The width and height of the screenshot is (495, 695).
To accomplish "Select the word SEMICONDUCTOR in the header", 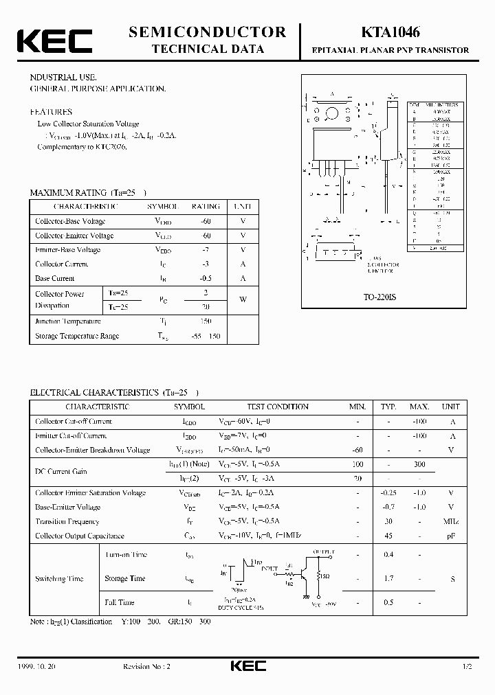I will [208, 32].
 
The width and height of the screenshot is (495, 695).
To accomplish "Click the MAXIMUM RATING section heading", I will [68, 193].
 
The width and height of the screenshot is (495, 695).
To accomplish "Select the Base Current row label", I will [55, 279].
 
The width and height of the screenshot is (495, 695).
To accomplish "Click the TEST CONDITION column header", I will [278, 407].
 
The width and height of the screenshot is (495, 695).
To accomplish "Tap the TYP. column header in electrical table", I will [389, 407].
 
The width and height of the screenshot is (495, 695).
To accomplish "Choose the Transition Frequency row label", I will [67, 521].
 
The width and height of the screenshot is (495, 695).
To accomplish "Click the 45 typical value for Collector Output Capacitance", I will [389, 536].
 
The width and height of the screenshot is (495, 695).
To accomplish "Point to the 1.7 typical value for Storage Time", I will [389, 578].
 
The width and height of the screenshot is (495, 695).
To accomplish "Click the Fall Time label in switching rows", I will [119, 602].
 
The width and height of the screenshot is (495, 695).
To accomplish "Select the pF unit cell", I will [452, 536].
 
